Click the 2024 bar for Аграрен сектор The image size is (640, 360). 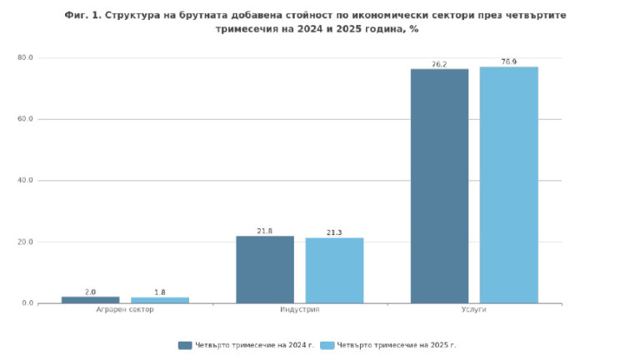(x=90, y=299)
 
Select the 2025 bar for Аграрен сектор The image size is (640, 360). (x=159, y=300)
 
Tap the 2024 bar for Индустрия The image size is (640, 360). (x=265, y=269)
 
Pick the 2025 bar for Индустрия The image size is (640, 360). (x=334, y=270)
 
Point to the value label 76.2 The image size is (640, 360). (x=439, y=64)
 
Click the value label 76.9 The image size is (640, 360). (x=508, y=62)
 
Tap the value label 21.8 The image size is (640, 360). (x=265, y=231)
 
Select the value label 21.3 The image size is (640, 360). (x=334, y=232)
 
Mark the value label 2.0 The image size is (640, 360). (x=90, y=292)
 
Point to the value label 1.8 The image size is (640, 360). (x=159, y=292)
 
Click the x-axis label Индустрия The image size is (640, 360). (x=299, y=310)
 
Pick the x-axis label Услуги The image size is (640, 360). (x=473, y=310)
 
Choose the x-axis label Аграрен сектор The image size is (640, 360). (x=125, y=310)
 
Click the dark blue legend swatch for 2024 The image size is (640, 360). (x=185, y=345)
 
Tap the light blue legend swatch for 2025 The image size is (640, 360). (x=327, y=345)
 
